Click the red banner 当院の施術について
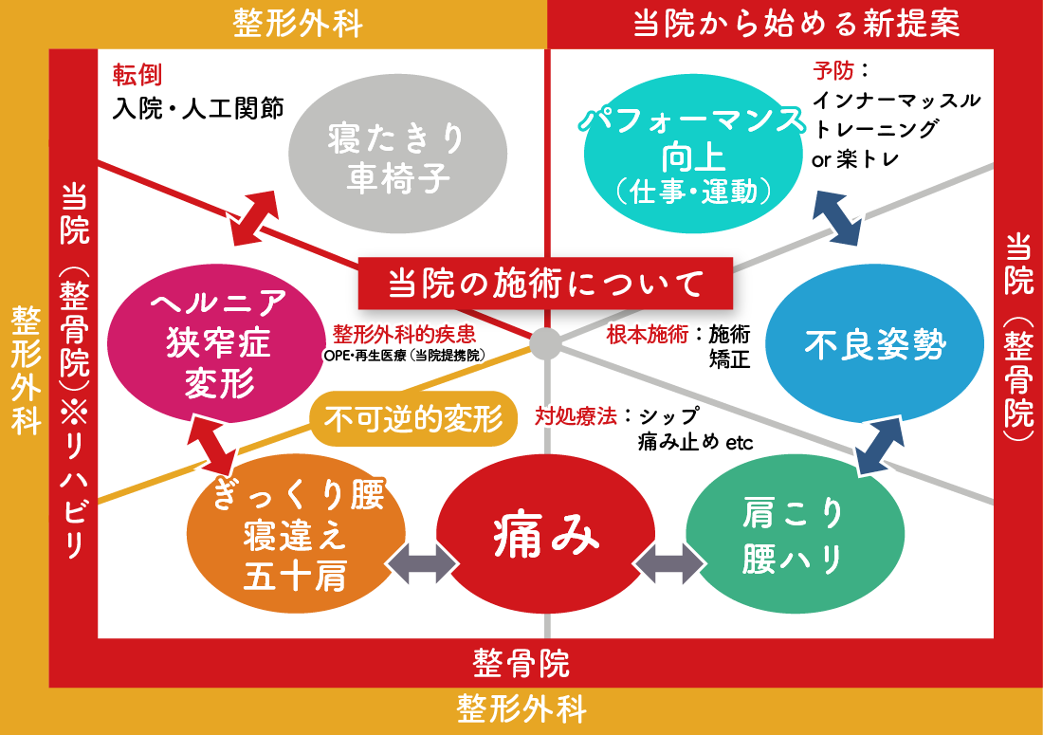[x=546, y=282]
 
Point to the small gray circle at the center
[x=545, y=343]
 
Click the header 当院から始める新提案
[x=796, y=24]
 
